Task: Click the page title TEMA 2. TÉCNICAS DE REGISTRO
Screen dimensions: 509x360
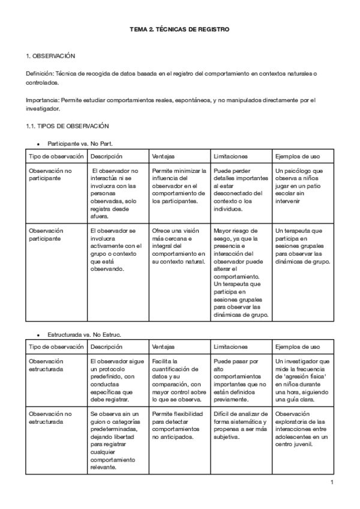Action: [180, 29]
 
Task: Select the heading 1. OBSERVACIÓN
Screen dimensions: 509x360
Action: [50, 56]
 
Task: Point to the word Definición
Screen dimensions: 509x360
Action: [40, 73]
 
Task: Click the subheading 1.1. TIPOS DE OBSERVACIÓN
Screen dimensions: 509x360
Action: [67, 126]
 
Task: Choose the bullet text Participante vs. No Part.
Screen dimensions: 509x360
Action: [80, 144]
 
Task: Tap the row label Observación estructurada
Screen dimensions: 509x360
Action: [46, 365]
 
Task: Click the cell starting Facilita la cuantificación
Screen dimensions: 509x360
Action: [178, 378]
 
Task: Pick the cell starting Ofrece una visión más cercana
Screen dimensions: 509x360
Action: [178, 246]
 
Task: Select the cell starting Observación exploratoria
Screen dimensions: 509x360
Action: [302, 429]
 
